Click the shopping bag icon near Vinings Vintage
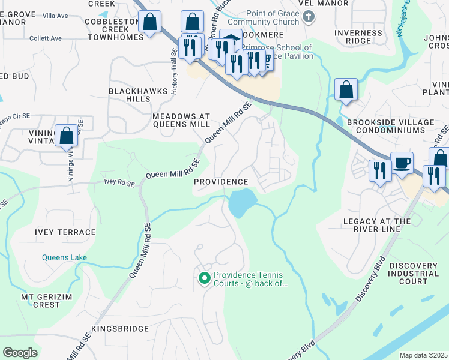pyautogui.click(x=67, y=135)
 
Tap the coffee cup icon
pyautogui.click(x=402, y=162)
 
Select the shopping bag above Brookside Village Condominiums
pyautogui.click(x=346, y=90)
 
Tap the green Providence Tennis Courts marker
pyautogui.click(x=204, y=278)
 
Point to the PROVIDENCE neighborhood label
pyautogui.click(x=221, y=182)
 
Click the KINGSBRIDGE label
pyautogui.click(x=119, y=329)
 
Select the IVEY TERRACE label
pyautogui.click(x=66, y=232)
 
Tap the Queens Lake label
pyautogui.click(x=64, y=257)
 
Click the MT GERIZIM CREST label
pyautogui.click(x=41, y=301)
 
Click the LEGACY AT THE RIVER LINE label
pyautogui.click(x=376, y=226)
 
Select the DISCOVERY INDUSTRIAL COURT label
pyautogui.click(x=417, y=273)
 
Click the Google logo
pyautogui.click(x=20, y=352)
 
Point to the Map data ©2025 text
pyautogui.click(x=423, y=355)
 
